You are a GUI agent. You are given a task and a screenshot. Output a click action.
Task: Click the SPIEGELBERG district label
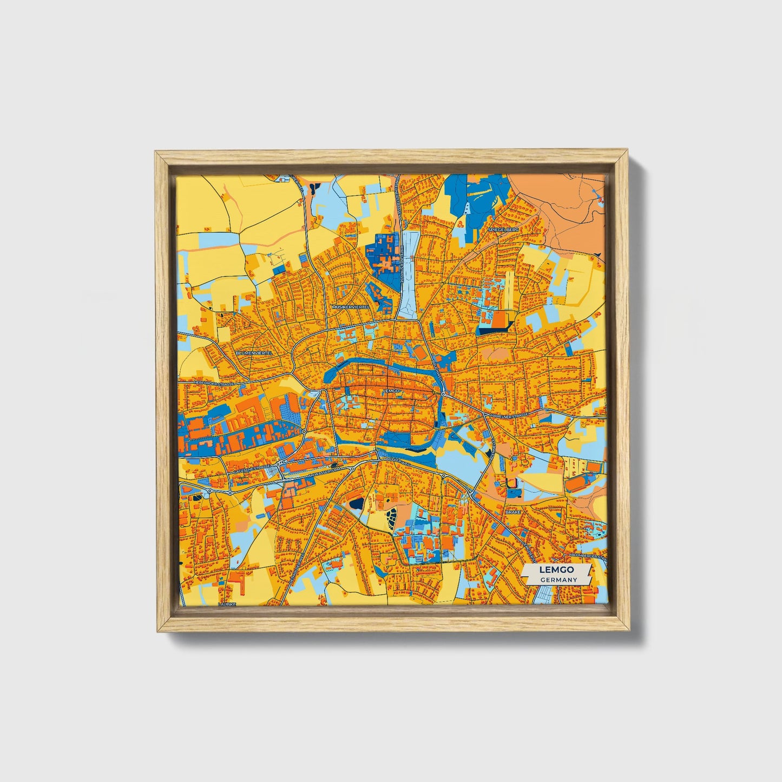click(x=503, y=229)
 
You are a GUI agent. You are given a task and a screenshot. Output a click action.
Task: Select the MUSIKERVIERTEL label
click(x=351, y=306)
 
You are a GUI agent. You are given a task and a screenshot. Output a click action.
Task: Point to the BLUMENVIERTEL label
click(x=254, y=352)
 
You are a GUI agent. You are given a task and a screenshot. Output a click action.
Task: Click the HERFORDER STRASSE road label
click(x=214, y=383)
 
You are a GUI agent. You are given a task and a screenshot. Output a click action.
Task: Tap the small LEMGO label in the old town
click(x=390, y=390)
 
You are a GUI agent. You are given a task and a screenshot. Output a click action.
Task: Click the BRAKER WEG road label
click(x=399, y=459)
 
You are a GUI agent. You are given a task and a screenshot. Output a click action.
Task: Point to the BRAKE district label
click(x=512, y=511)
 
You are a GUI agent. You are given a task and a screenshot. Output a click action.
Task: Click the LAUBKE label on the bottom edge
click(x=227, y=603)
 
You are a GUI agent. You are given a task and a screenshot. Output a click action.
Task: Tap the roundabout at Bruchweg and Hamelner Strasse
click(x=443, y=395)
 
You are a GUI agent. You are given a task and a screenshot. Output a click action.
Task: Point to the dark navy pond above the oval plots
click(x=357, y=504)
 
